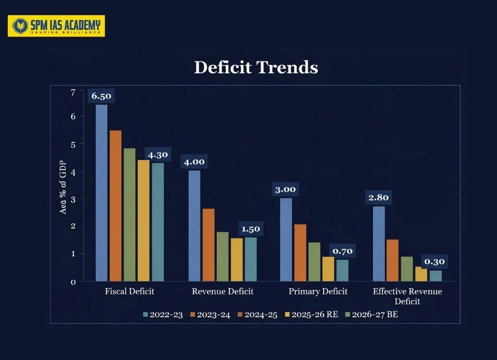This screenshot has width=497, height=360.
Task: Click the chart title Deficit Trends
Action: (x=256, y=68)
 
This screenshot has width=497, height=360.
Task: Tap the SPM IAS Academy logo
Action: (x=56, y=26)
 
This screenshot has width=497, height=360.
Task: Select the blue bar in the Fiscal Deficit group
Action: (x=101, y=193)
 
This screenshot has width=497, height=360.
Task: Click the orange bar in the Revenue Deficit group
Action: (x=208, y=245)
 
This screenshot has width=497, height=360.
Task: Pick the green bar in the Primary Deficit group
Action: (x=314, y=261)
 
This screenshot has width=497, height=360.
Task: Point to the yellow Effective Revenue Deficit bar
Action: (x=421, y=274)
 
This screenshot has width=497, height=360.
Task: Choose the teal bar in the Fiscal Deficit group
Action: (x=158, y=222)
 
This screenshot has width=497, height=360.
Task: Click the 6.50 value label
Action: (x=101, y=96)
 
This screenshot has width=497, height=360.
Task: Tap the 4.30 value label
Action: (x=158, y=155)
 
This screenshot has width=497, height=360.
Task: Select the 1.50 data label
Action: (x=250, y=229)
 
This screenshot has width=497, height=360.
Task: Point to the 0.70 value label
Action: (x=343, y=252)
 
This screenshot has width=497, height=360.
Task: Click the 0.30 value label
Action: (x=435, y=261)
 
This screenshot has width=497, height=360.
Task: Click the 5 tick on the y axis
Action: (x=73, y=144)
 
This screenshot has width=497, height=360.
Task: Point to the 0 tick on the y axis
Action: (x=73, y=282)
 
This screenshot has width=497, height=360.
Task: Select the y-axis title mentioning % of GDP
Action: (x=63, y=187)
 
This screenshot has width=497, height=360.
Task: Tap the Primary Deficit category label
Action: (x=318, y=291)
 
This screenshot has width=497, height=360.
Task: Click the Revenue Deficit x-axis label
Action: (x=223, y=291)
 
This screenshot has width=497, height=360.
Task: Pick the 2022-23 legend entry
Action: (x=162, y=314)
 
